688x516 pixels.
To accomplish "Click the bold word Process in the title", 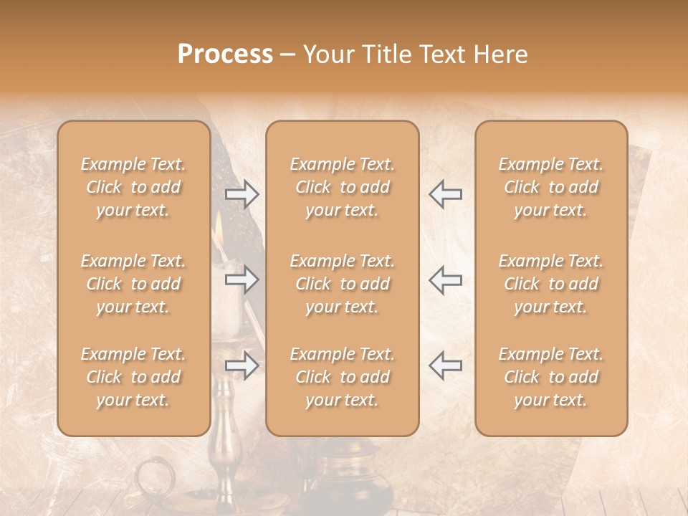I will pos(225,54).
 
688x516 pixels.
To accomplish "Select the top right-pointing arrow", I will pos(242,194).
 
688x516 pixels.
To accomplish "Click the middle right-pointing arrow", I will pos(242,279).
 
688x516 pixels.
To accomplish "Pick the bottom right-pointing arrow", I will pos(242,365).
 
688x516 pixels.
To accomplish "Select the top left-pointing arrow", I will pos(445,194).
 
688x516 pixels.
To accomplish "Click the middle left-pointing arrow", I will pos(445,279).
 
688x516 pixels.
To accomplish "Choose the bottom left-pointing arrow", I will pos(445,365).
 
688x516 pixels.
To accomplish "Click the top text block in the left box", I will pos(133,187).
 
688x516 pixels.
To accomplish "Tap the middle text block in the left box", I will pos(133,284).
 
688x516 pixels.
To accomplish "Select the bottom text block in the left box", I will pos(133,377).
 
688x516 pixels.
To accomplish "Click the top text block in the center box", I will pos(343,187).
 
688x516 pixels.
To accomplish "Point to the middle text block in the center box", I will pos(343,284).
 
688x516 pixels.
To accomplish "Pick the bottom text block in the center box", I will pos(343,377).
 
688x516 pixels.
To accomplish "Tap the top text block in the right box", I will pos(551,187).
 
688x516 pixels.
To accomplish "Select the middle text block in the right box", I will pos(551,284).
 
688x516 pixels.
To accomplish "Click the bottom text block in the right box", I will pos(551,377).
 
